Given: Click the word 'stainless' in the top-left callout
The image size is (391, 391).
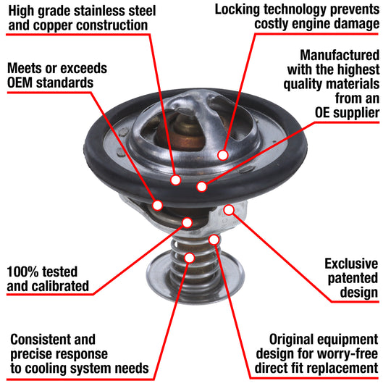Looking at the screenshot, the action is (x=100, y=11).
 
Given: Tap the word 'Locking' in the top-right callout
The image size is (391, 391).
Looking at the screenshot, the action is (x=237, y=10).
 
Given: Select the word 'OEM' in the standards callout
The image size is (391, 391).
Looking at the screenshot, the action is (x=20, y=83).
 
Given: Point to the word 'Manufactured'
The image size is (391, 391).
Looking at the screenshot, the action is (x=340, y=55).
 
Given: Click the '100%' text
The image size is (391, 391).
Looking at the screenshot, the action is (x=20, y=272).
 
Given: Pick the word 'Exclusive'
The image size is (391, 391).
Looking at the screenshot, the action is (x=351, y=264).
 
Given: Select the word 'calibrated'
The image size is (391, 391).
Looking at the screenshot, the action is (x=61, y=286).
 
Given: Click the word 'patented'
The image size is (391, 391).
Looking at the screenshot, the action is (x=353, y=278).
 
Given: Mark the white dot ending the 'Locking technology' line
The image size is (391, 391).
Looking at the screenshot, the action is (x=223, y=155).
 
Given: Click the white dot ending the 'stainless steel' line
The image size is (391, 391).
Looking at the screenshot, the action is (x=175, y=180).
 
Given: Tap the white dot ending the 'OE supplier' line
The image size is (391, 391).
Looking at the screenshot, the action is (x=202, y=187).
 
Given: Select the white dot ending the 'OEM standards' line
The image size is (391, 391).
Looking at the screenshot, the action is (x=158, y=205).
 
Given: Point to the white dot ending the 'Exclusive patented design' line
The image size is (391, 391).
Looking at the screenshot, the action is (x=229, y=210).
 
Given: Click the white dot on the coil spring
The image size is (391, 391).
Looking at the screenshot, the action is (x=190, y=258).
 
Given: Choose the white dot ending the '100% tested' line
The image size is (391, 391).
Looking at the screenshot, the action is (x=187, y=222).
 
